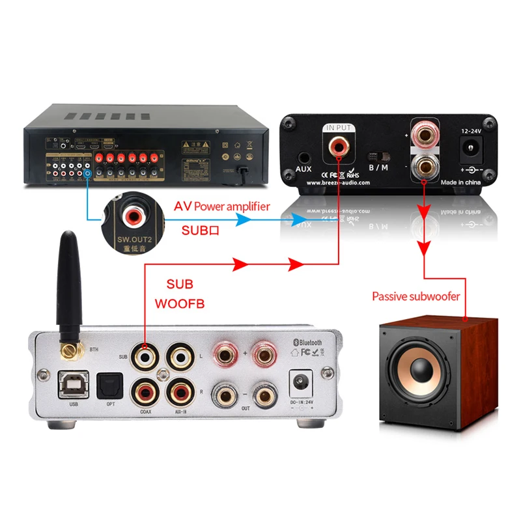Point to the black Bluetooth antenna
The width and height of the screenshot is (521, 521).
click(67, 287)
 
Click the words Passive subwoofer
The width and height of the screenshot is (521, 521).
click(415, 297)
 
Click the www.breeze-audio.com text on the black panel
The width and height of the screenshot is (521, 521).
click(338, 183)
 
